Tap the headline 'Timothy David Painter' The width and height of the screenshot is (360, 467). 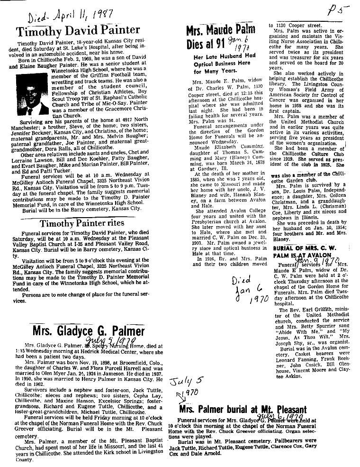tap(78, 32)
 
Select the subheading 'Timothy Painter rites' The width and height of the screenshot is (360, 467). tap(82, 223)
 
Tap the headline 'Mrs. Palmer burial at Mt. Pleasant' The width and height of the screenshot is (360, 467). tap(243, 410)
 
